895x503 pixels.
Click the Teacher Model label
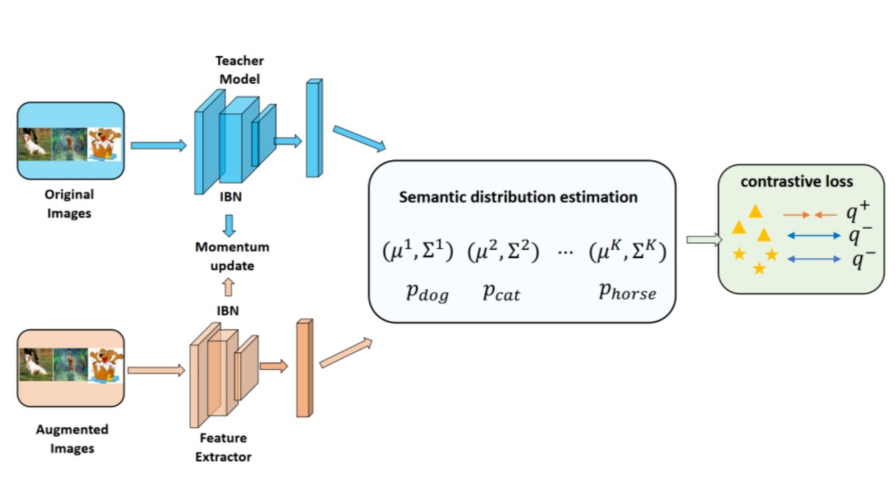coord(239,69)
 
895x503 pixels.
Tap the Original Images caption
coord(69,203)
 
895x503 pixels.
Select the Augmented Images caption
coord(72,438)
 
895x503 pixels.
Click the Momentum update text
coord(232,256)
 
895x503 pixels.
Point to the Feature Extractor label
coord(223,447)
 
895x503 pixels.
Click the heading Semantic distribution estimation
coord(518,197)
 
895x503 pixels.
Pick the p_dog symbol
coord(427,293)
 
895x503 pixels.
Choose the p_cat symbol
coord(501,293)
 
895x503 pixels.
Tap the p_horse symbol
coord(626,292)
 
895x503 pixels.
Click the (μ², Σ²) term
coord(503,250)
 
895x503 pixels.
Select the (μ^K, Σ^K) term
coord(627,250)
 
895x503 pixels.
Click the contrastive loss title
coord(796,182)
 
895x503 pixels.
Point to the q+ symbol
coord(857,211)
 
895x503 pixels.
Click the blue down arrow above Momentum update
coord(229,225)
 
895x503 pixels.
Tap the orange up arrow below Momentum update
coord(228,287)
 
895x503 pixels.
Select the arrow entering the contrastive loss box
coord(704,239)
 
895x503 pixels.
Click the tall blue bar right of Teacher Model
coord(314,128)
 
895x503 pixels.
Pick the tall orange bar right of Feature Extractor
coord(304,368)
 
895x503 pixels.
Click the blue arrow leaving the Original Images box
coord(158,145)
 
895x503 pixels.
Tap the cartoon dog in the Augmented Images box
coord(106,365)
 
